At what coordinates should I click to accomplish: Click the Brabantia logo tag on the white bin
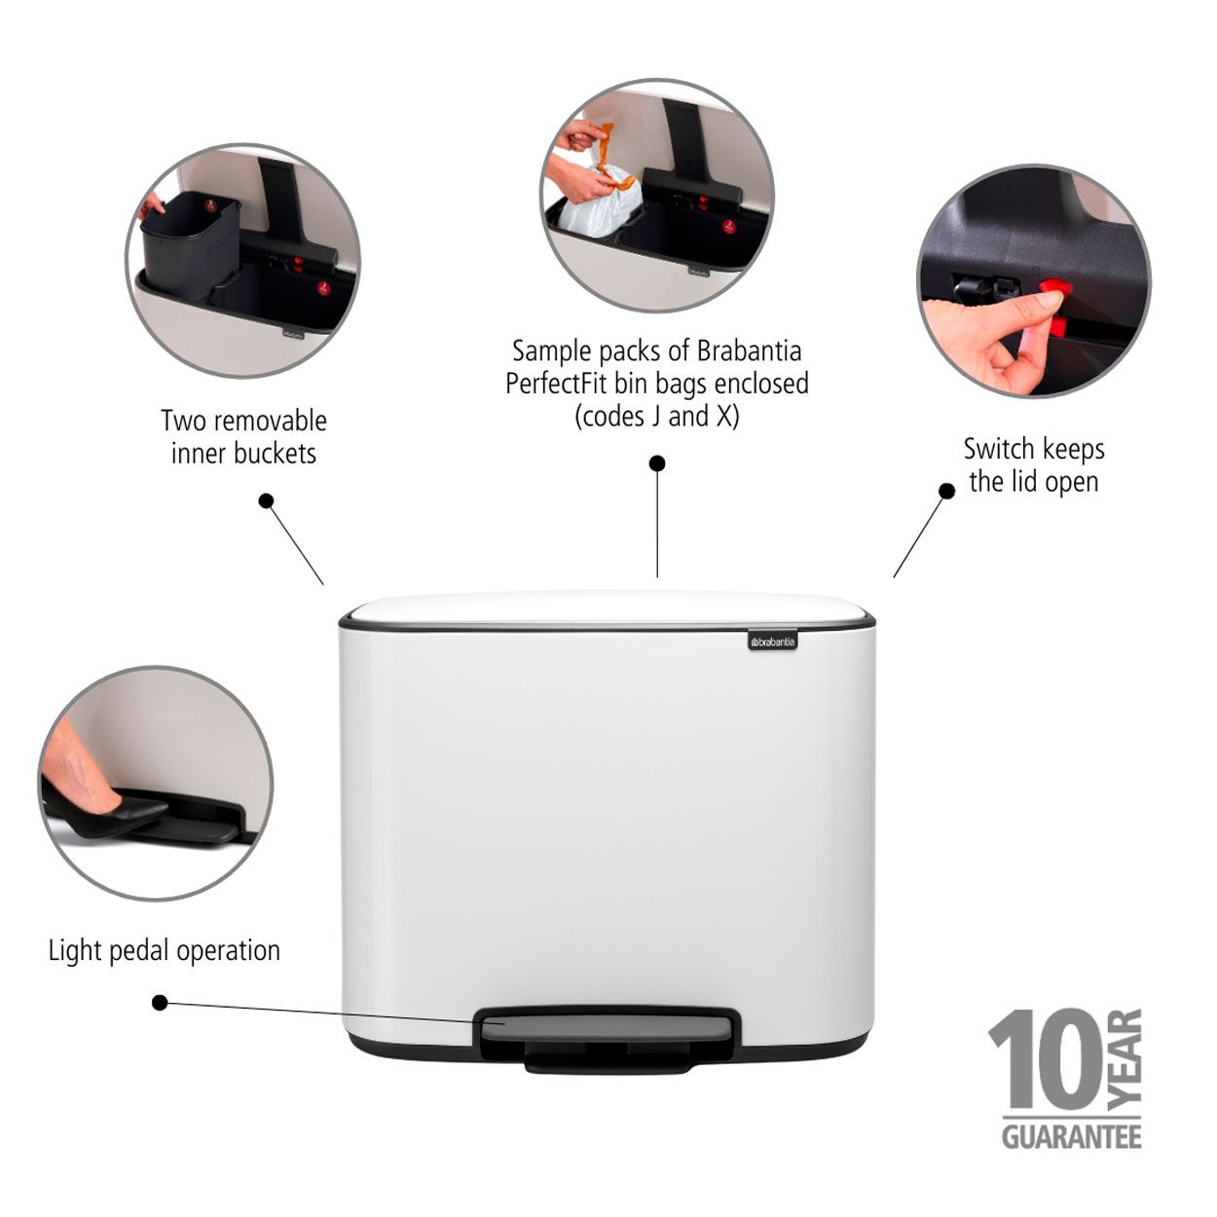pyautogui.click(x=772, y=641)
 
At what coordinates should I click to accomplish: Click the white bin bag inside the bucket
pyautogui.click(x=598, y=203)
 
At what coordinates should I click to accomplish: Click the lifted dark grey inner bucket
pyautogui.click(x=190, y=245)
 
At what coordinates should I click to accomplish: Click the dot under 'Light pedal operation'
pyautogui.click(x=160, y=1002)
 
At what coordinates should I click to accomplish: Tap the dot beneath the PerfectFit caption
pyautogui.click(x=657, y=463)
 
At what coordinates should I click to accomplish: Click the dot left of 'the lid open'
pyautogui.click(x=946, y=491)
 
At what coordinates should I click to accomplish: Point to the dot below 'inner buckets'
pyautogui.click(x=267, y=500)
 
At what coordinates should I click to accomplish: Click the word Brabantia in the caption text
pyautogui.click(x=749, y=350)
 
